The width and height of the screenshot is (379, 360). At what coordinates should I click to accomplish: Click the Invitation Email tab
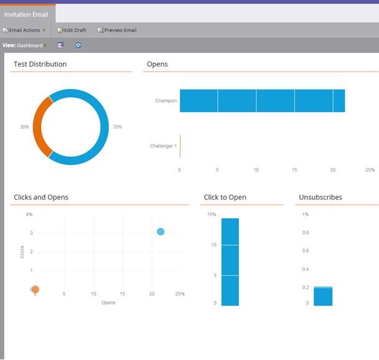[x=26, y=14]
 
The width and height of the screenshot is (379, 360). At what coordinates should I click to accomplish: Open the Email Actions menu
[x=24, y=30]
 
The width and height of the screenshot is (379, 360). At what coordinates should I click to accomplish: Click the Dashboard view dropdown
[x=31, y=45]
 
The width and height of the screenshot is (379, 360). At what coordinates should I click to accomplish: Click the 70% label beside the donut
[x=117, y=127]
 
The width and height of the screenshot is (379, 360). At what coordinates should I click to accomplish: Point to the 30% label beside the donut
[x=24, y=127]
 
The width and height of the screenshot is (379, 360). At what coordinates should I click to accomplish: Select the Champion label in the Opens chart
[x=166, y=101]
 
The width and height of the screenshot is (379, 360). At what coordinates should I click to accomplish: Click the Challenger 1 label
[x=163, y=146]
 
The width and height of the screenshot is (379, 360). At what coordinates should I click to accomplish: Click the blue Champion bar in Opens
[x=261, y=101]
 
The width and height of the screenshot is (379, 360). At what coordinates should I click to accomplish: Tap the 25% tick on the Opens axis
[x=370, y=170]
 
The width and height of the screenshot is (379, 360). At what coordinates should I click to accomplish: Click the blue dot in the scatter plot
[x=161, y=232]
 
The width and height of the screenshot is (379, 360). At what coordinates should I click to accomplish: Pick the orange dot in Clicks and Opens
[x=35, y=290]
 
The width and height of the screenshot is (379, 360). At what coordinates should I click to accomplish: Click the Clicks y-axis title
[x=22, y=252]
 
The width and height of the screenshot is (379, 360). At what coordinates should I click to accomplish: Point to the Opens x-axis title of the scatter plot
[x=108, y=303]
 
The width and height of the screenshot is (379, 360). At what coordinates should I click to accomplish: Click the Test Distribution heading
[x=40, y=64]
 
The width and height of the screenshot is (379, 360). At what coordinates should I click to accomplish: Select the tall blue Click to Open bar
[x=230, y=262]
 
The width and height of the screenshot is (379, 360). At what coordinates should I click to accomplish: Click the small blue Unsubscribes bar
[x=322, y=296]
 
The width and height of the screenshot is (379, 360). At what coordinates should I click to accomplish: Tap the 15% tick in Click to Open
[x=212, y=215]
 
